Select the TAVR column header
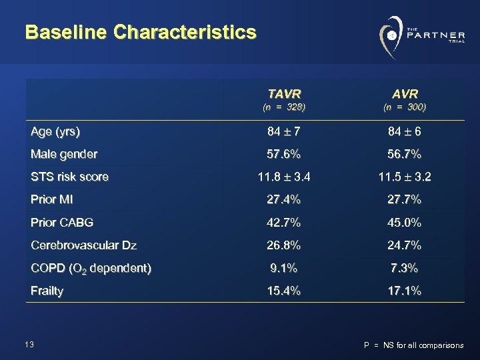point(283,93)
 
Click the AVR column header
point(405,93)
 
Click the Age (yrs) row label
point(55,132)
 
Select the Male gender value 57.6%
point(283,155)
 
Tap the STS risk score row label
point(69,177)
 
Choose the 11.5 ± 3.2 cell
point(405,177)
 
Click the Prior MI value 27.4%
point(283,200)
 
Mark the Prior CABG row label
point(62,223)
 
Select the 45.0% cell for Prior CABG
point(405,223)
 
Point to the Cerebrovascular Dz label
point(84,245)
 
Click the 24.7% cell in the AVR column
point(405,245)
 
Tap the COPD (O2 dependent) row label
point(91,269)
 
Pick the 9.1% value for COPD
point(283,268)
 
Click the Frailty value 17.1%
point(405,291)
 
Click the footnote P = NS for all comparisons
point(413,345)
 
